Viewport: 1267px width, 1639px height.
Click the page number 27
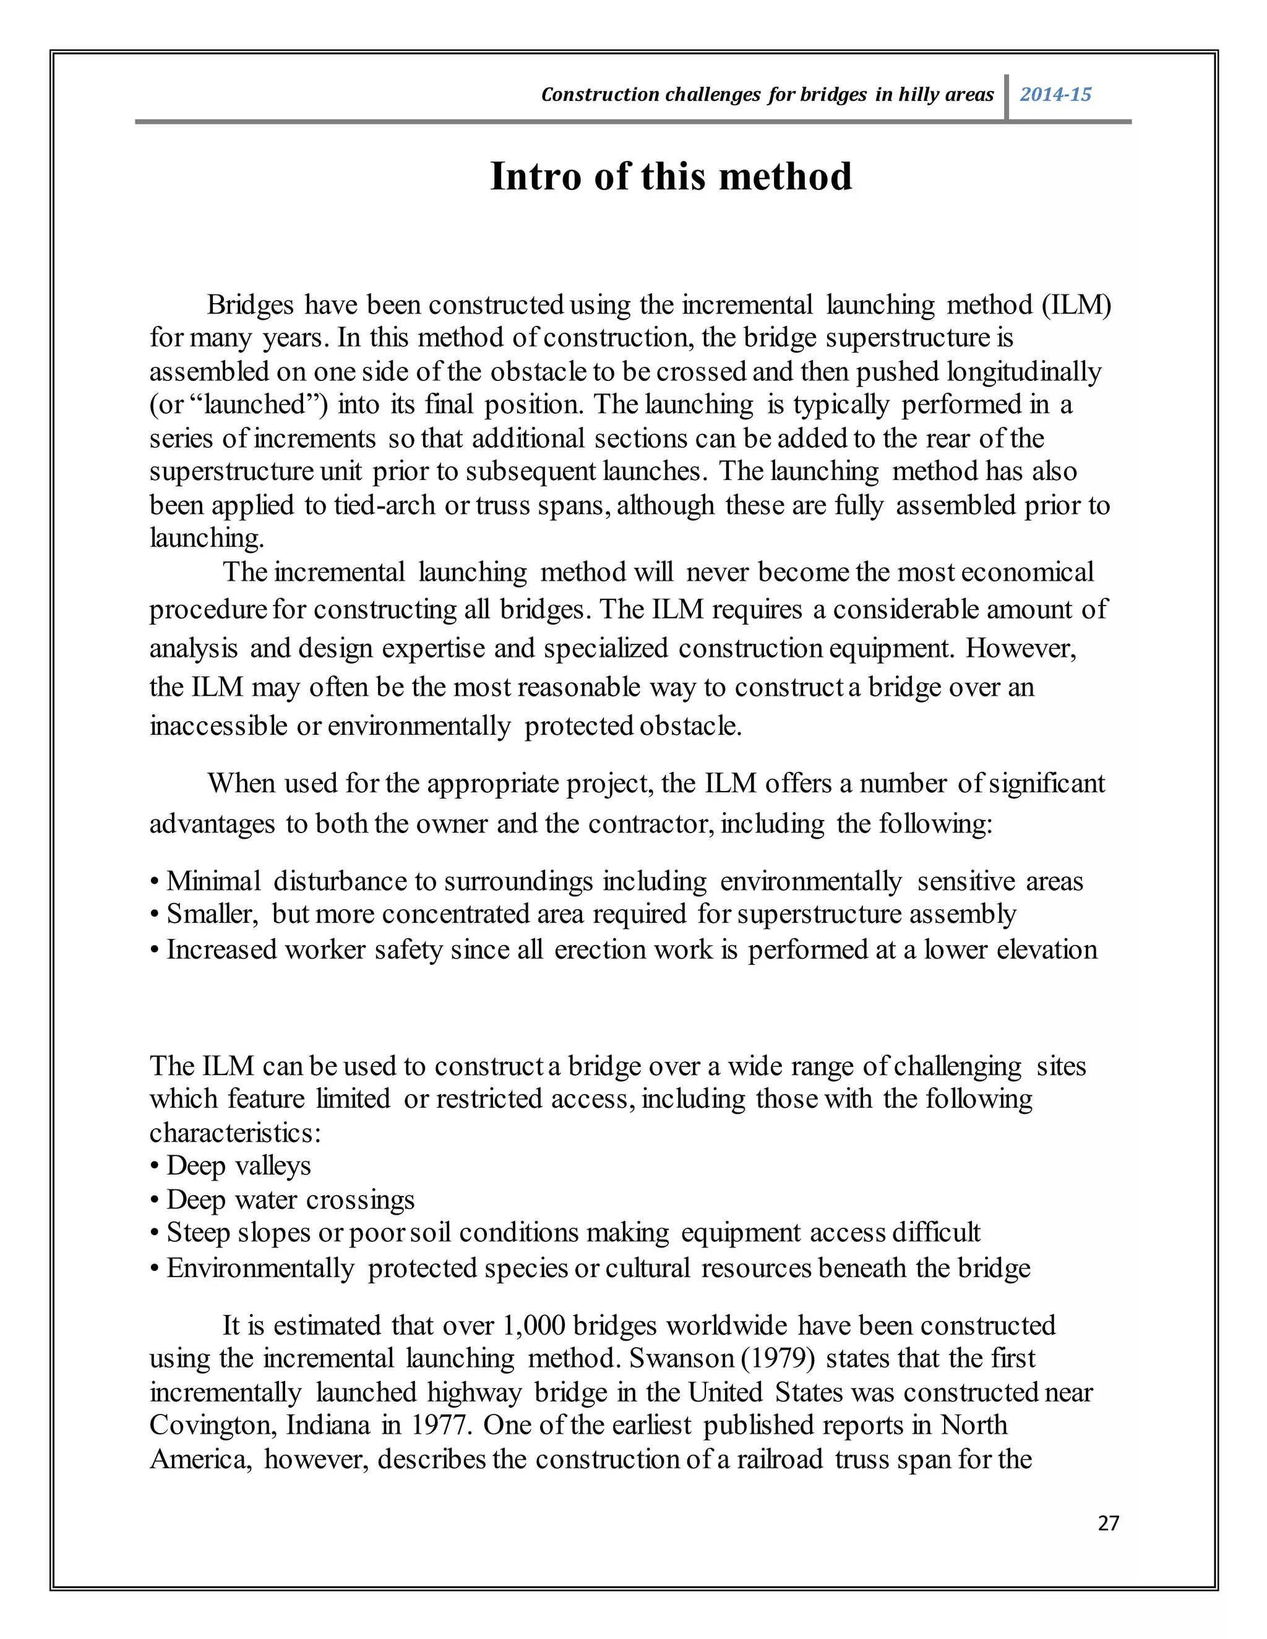pos(1108,1523)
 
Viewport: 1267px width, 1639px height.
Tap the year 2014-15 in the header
pos(1055,95)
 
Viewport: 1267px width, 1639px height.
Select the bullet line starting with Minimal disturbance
pos(616,881)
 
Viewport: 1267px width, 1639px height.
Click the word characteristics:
pos(235,1132)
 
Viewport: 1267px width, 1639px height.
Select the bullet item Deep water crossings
pos(282,1199)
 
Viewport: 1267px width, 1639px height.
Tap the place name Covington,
pos(214,1425)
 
